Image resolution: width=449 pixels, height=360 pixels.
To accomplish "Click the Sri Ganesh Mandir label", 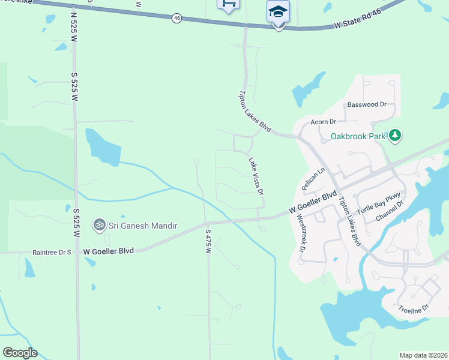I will (x=142, y=226).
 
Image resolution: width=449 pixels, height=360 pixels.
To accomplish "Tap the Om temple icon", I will (x=99, y=225).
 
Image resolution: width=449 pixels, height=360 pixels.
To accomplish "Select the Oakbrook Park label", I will (x=358, y=136).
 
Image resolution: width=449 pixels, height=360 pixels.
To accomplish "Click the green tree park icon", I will (x=394, y=136).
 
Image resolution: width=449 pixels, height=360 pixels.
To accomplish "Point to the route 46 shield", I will (x=176, y=18).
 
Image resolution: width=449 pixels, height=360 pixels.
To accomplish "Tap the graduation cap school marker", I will (x=278, y=12).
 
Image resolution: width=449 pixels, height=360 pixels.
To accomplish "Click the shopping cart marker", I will (x=228, y=4).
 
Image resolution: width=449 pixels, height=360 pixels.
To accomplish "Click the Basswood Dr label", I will (x=367, y=104).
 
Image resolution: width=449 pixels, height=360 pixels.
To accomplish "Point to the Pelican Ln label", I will (x=313, y=179).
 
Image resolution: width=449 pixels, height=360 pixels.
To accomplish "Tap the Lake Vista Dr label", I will (x=256, y=176).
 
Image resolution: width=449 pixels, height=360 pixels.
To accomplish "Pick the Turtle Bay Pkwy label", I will (x=378, y=205).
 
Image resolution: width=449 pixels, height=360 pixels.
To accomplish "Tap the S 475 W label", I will (x=208, y=240).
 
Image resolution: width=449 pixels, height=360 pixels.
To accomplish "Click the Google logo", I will (x=20, y=353).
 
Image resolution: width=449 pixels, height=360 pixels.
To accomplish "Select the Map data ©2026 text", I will (x=423, y=355).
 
